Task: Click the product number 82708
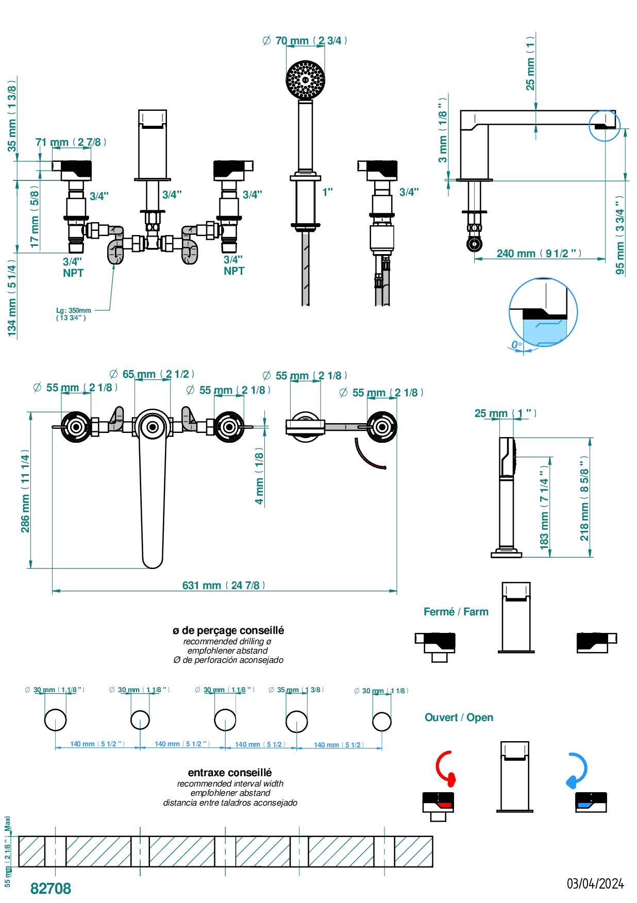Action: coord(51,888)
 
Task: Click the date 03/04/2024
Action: coord(595,884)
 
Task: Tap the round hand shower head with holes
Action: coord(306,80)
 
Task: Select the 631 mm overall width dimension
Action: coord(224,586)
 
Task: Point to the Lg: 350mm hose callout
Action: coord(73,313)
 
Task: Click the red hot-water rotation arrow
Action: coord(445,768)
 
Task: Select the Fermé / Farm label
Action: coord(456,612)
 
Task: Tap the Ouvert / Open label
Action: coord(459,717)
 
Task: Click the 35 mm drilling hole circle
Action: coord(297,721)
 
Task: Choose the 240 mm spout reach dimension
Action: coord(539,254)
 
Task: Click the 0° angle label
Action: coord(516,344)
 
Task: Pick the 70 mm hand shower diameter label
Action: coord(305,41)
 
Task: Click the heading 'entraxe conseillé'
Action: coord(229,773)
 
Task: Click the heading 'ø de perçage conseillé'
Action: coord(228,630)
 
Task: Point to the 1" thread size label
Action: coord(327,192)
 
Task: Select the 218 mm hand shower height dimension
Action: coord(584,498)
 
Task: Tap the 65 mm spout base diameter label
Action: coord(153,374)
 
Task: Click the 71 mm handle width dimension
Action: coord(71,142)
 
